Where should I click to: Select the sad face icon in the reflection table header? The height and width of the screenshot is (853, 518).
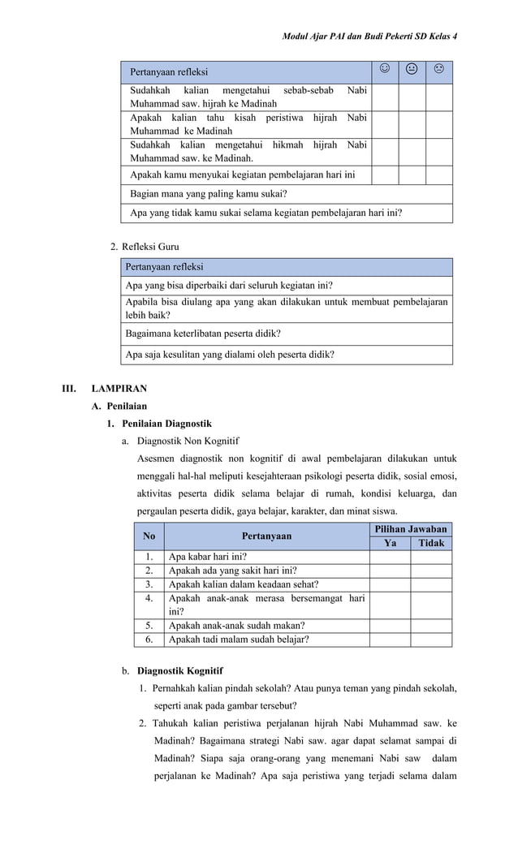tap(438, 71)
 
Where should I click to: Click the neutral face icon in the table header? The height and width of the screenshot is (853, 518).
tap(412, 71)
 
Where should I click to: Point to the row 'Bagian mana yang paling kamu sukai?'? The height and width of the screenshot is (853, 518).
tap(209, 194)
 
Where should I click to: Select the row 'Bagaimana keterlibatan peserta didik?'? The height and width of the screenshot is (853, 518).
tap(203, 334)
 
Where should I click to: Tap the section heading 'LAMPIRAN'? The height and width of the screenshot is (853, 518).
tap(119, 389)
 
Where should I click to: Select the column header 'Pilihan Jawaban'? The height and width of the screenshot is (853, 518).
tap(410, 529)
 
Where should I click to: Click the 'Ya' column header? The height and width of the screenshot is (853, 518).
tap(390, 543)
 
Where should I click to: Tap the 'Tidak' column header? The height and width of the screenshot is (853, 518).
tap(431, 543)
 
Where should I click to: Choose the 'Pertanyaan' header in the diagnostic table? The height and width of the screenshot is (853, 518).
tap(266, 536)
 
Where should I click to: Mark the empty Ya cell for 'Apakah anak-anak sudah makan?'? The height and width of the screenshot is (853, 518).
tap(390, 626)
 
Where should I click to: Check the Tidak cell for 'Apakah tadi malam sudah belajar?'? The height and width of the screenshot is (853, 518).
tap(431, 640)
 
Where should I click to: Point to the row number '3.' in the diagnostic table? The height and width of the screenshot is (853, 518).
tap(149, 584)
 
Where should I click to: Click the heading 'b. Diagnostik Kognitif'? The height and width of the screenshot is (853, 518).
tap(172, 671)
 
